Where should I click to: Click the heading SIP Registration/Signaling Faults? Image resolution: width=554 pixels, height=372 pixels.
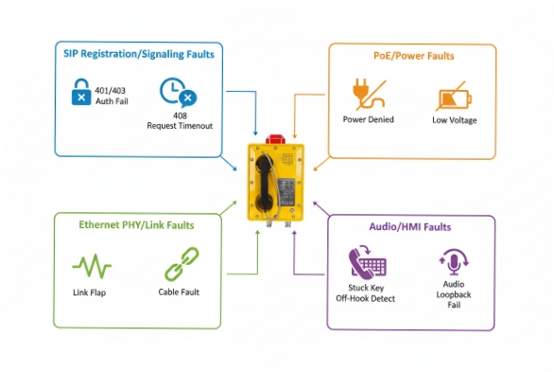pyautogui.click(x=138, y=54)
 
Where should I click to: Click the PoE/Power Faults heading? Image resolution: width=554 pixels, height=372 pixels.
pyautogui.click(x=413, y=56)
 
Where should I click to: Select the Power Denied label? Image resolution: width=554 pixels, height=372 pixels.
pyautogui.click(x=368, y=120)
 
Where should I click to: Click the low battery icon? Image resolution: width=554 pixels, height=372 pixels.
pyautogui.click(x=453, y=98)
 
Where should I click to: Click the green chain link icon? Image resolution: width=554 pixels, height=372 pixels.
pyautogui.click(x=180, y=263)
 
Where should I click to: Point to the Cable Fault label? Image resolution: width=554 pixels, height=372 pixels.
pyautogui.click(x=180, y=292)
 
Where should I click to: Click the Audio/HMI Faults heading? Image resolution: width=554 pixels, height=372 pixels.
pyautogui.click(x=409, y=227)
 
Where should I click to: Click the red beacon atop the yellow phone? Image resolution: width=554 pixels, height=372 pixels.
pyautogui.click(x=276, y=139)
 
